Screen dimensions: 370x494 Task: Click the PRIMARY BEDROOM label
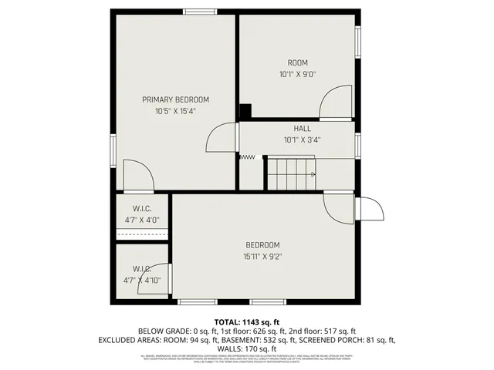click(x=175, y=99)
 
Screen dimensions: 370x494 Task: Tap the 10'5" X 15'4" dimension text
click(x=175, y=111)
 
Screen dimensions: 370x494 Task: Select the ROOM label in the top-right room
click(x=298, y=62)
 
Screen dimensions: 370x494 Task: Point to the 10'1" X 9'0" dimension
click(x=298, y=74)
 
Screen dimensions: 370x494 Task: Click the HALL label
click(x=303, y=129)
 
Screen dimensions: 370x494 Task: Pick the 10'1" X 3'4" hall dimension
click(x=303, y=140)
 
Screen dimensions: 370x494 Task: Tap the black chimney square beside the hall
click(x=245, y=111)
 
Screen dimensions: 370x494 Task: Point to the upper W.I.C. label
click(x=141, y=208)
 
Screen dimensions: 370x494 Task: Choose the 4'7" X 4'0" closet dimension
click(x=141, y=220)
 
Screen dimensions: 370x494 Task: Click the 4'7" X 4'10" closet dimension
click(x=143, y=280)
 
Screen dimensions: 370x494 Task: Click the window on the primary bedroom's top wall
click(x=199, y=11)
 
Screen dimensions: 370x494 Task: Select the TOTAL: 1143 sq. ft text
click(x=246, y=321)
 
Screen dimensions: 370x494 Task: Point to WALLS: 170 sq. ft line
click(x=246, y=348)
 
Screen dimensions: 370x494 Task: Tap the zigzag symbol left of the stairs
click(x=247, y=157)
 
